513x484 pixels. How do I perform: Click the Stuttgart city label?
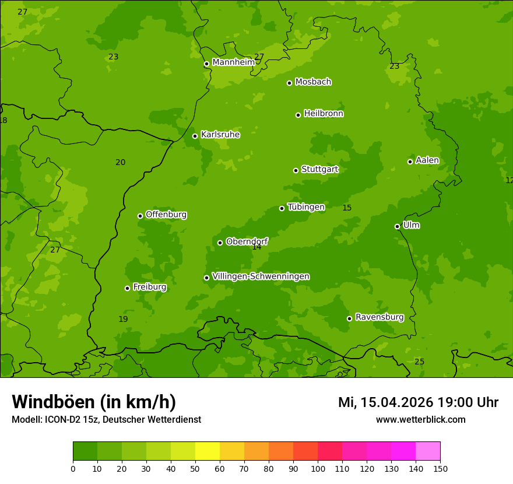(319, 170)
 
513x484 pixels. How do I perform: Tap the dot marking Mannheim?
(206, 64)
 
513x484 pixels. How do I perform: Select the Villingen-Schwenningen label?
(261, 276)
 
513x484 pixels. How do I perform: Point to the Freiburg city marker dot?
(127, 288)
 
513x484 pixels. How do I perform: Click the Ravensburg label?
(380, 317)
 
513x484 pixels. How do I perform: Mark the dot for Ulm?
(398, 226)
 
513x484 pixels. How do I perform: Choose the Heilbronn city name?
(324, 114)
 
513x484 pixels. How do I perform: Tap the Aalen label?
(427, 160)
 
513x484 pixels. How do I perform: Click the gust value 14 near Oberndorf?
(256, 247)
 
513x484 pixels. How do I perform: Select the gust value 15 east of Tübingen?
(347, 208)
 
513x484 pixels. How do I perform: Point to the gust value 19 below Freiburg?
(123, 320)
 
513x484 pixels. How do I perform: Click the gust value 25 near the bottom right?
(419, 362)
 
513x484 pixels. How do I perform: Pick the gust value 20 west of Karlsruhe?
(120, 163)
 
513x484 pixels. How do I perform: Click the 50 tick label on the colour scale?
(195, 468)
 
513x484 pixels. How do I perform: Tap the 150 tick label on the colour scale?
(440, 468)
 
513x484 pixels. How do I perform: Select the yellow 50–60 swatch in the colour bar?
(208, 451)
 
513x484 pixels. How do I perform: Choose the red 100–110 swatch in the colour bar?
(330, 451)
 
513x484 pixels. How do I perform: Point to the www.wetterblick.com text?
(420, 419)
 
